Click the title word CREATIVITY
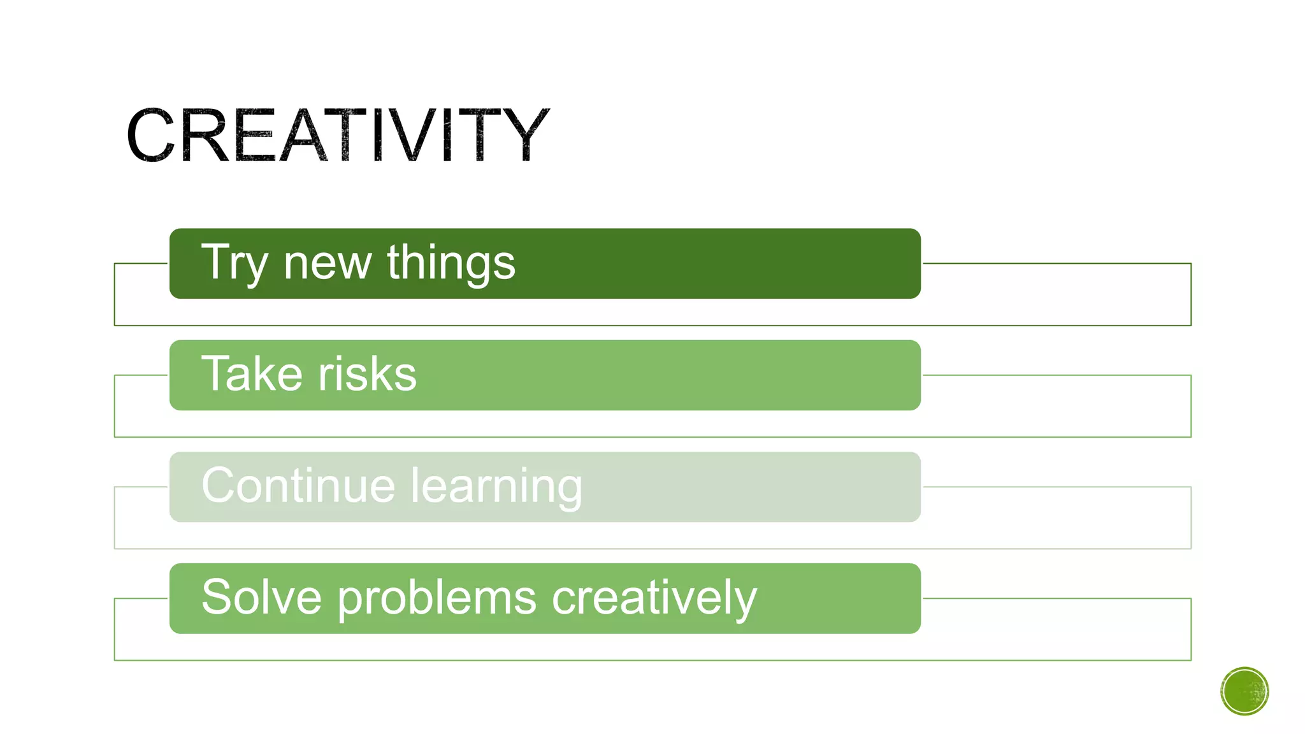click(x=338, y=135)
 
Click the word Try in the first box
click(x=234, y=263)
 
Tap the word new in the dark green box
click(x=328, y=263)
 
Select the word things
click(x=451, y=263)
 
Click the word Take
click(x=252, y=374)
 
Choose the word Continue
click(x=298, y=486)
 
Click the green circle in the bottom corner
click(x=1244, y=691)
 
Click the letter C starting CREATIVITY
click(x=151, y=135)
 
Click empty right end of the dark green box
click(x=828, y=263)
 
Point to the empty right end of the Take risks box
click(x=828, y=375)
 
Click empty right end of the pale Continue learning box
click(x=828, y=487)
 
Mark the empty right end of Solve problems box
click(x=860, y=598)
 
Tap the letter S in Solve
click(x=217, y=597)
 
